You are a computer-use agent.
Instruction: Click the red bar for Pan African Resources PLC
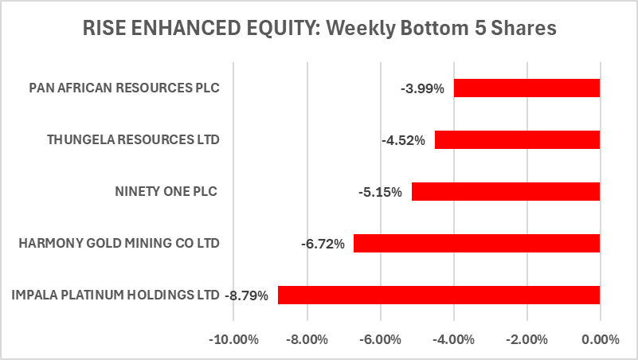[x=526, y=88]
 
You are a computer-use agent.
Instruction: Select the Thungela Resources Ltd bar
[x=517, y=140]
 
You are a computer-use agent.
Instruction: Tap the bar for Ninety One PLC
[x=505, y=192]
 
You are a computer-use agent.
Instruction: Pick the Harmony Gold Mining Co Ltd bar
[x=476, y=243]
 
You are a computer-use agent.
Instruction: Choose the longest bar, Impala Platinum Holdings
[x=438, y=295]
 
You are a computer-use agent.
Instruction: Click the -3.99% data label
[x=427, y=88]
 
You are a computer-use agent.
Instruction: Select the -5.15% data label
[x=384, y=192]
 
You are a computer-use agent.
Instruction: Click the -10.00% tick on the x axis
[x=234, y=340]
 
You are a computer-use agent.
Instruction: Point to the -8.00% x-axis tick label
[x=307, y=340]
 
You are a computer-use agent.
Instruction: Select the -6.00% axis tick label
[x=381, y=340]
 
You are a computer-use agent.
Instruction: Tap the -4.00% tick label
[x=454, y=340]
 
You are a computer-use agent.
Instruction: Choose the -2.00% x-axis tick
[x=527, y=340]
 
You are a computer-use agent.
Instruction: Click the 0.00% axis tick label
[x=601, y=340]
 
